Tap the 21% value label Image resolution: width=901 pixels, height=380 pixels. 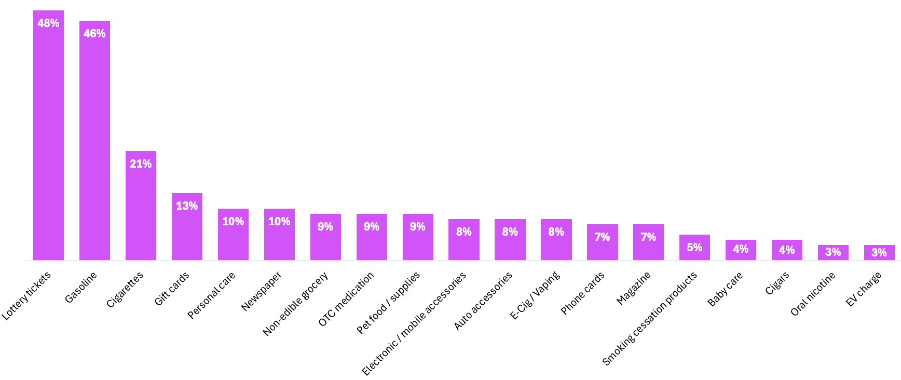[141, 164]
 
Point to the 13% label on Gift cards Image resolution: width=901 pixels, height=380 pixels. [187, 206]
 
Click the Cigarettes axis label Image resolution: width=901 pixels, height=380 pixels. [125, 290]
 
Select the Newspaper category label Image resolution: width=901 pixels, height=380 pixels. [261, 291]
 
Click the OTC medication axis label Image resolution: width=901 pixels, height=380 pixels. [346, 299]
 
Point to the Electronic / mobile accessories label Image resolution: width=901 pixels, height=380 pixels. [414, 323]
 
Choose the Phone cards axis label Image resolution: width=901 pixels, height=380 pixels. [582, 293]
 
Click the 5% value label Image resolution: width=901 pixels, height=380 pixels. [694, 248]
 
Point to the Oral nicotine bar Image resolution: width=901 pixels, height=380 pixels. [833, 253]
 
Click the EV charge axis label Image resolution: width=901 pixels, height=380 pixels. [863, 289]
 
